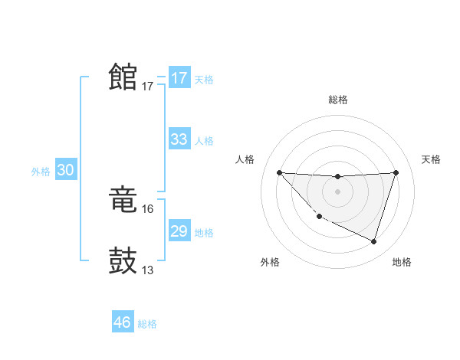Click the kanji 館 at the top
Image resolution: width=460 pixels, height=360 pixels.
[123, 77]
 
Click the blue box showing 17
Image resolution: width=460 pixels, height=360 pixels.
[179, 78]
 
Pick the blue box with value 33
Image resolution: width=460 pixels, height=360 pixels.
[179, 139]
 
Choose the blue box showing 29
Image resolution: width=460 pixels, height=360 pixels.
[179, 231]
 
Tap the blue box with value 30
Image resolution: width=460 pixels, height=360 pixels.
[65, 171]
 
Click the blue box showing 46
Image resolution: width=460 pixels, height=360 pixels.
[123, 322]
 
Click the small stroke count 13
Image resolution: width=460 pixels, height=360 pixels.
[148, 270]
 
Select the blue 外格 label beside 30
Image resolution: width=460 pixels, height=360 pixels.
[41, 172]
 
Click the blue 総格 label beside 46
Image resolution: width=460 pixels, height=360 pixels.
[147, 324]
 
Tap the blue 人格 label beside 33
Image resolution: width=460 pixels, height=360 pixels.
[204, 141]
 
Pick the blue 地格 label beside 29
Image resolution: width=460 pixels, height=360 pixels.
[204, 233]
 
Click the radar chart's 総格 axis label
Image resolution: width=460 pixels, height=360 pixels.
[337, 100]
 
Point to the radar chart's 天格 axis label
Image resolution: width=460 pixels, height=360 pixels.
[431, 159]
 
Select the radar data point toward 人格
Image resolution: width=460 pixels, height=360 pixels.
[279, 172]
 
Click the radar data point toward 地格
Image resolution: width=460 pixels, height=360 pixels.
[373, 241]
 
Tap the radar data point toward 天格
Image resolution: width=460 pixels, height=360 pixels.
[396, 172]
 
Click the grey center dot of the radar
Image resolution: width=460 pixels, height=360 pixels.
[337, 191]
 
